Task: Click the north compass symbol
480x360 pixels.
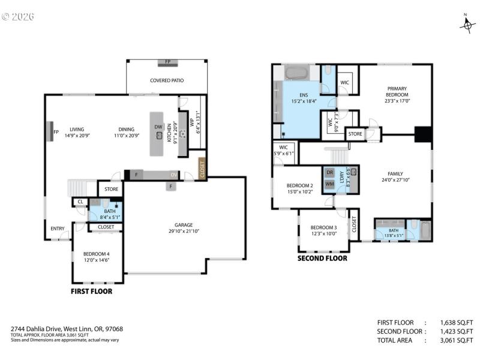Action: tap(467, 24)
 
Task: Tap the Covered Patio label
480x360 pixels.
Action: tap(167, 80)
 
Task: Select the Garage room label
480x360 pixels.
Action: tap(184, 227)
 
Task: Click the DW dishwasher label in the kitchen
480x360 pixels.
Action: tap(158, 127)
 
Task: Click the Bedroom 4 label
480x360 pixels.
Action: tap(96, 256)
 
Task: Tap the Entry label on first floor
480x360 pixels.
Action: tap(58, 228)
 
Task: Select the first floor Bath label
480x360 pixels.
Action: tap(109, 211)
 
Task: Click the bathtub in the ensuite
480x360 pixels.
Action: tap(295, 73)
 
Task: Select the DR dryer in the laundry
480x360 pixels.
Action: tap(329, 172)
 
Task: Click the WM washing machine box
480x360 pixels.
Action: tap(329, 184)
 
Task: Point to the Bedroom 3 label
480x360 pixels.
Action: tap(323, 230)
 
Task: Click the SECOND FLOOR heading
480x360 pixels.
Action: tap(322, 259)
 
